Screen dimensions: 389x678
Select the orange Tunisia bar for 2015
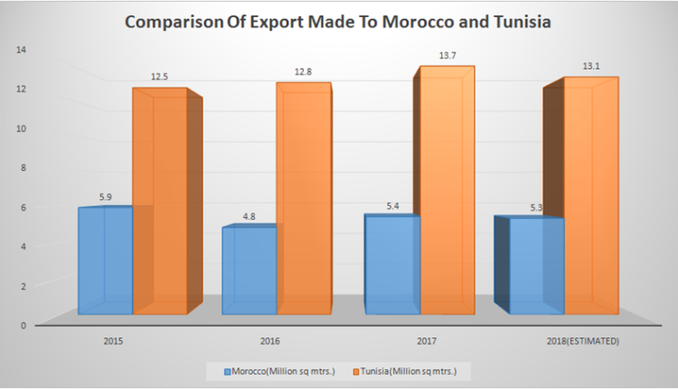tap(161, 204)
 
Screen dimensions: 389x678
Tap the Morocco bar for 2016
tap(249, 271)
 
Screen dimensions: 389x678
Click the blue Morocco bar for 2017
tap(391, 267)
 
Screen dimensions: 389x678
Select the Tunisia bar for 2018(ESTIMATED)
tap(589, 199)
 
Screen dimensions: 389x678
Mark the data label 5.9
tap(105, 195)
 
